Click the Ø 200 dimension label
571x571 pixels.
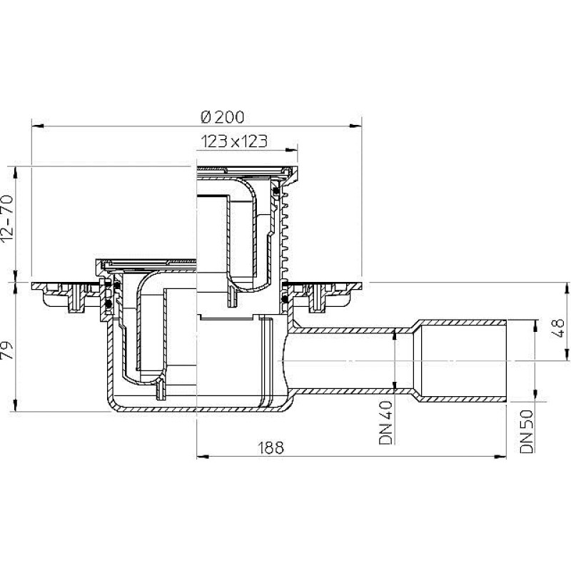pos(223,117)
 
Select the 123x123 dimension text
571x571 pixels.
pos(234,141)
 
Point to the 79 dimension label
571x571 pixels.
pos(8,350)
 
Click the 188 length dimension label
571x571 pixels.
pos(271,448)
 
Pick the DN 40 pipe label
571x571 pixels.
pos(386,423)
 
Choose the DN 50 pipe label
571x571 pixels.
pos(527,432)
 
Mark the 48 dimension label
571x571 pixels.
pos(558,328)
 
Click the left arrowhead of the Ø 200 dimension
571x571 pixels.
pos(38,126)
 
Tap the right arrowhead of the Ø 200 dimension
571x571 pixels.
pos(355,126)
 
